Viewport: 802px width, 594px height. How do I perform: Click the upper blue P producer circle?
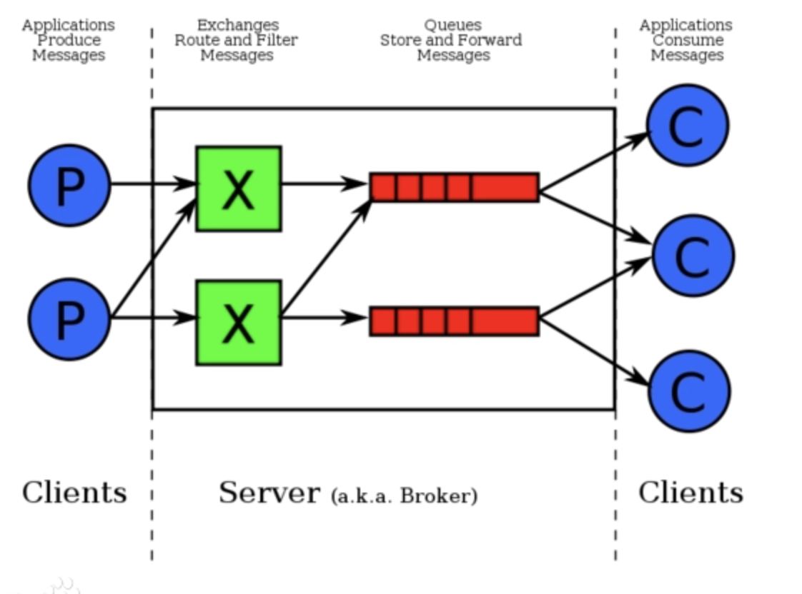pos(69,186)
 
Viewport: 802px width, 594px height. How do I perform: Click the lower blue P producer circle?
pos(69,319)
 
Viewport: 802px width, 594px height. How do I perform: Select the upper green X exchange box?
pos(239,188)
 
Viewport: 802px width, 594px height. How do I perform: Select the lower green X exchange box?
pos(239,322)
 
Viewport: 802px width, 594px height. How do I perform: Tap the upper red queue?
pos(454,187)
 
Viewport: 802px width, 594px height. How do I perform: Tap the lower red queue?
pos(454,321)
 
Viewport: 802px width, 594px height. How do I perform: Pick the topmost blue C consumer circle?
pos(687,125)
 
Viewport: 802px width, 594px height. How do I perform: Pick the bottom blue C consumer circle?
pos(689,391)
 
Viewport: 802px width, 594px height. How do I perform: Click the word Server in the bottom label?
pos(269,493)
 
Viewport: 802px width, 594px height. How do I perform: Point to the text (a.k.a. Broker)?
pos(404,495)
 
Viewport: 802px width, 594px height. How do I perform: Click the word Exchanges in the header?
pos(238,25)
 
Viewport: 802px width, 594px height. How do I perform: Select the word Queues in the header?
pos(452,25)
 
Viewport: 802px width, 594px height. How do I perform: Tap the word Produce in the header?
pos(69,40)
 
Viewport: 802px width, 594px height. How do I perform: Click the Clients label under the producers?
pos(74,493)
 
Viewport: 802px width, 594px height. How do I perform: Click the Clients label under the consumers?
pos(690,493)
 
